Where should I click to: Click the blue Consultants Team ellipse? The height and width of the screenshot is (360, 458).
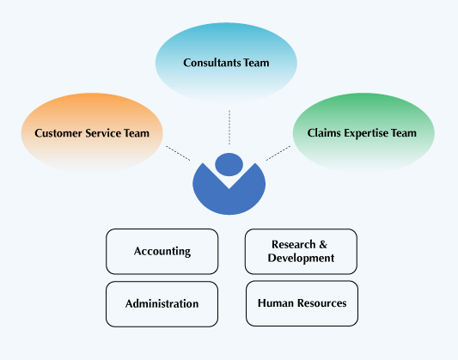(x=226, y=63)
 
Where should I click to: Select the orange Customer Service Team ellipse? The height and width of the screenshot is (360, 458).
(x=92, y=132)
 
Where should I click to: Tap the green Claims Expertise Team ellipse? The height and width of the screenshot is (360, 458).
(x=363, y=132)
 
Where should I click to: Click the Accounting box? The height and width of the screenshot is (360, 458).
(x=162, y=252)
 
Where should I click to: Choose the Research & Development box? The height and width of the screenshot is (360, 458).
(x=301, y=252)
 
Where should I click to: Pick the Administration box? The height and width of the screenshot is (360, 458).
(x=162, y=304)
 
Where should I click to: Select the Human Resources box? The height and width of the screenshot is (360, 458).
(x=302, y=303)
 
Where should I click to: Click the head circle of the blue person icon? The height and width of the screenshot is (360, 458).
(x=229, y=164)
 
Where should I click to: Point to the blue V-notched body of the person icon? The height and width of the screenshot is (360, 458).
(x=229, y=198)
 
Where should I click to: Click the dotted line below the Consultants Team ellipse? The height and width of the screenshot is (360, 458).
(x=229, y=127)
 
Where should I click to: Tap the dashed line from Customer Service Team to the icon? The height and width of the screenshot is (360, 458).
(x=178, y=153)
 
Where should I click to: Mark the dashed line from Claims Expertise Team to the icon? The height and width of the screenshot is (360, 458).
(x=278, y=153)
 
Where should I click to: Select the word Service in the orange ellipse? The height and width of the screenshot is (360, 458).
(x=103, y=133)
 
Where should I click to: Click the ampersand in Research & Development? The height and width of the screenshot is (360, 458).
(x=323, y=244)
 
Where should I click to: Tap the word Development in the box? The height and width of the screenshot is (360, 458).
(x=301, y=258)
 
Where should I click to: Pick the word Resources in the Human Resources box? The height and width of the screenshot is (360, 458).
(x=322, y=303)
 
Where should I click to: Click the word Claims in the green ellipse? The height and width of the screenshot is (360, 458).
(x=324, y=133)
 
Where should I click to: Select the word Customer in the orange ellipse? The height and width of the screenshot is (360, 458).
(x=58, y=133)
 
